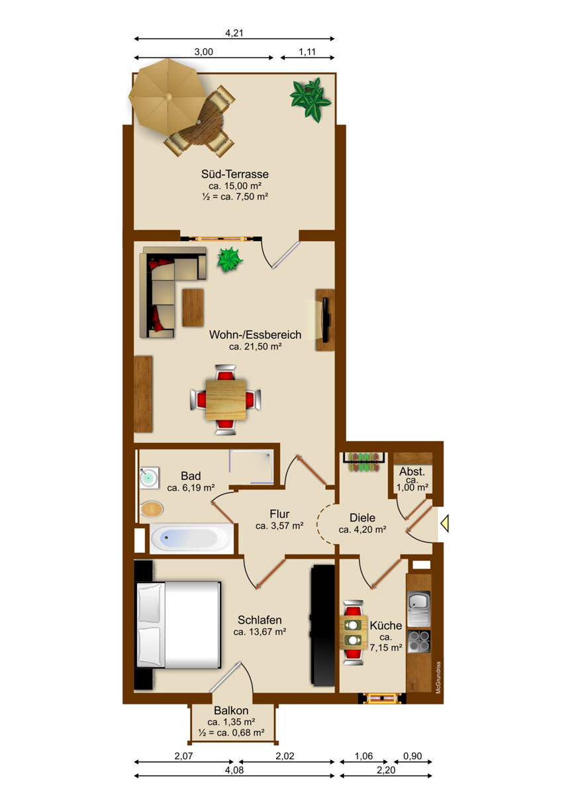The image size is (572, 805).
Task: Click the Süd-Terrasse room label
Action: (x=234, y=174)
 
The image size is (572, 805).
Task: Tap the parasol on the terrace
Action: (x=167, y=96)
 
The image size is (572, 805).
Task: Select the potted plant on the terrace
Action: (x=310, y=99)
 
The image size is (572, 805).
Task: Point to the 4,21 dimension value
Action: (x=234, y=33)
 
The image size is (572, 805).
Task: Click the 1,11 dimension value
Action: (x=307, y=52)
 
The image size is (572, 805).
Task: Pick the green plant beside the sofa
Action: (x=230, y=260)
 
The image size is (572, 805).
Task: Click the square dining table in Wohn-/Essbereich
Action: (x=226, y=399)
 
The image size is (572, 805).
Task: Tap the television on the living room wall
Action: (x=326, y=320)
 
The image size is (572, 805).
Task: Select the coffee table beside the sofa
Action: (x=193, y=308)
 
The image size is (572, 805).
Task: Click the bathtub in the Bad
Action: (x=191, y=538)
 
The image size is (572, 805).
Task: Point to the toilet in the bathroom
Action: (x=151, y=509)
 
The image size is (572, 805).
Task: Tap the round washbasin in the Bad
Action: (x=149, y=477)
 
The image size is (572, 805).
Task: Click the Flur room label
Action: (x=279, y=514)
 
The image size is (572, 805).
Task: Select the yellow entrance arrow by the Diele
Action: (x=444, y=523)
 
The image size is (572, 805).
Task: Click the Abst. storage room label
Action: (x=412, y=471)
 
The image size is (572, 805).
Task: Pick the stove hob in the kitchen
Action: (x=419, y=641)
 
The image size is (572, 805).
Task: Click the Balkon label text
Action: (x=231, y=710)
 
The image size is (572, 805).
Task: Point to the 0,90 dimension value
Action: (x=412, y=756)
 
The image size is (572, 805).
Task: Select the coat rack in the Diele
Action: (x=364, y=461)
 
